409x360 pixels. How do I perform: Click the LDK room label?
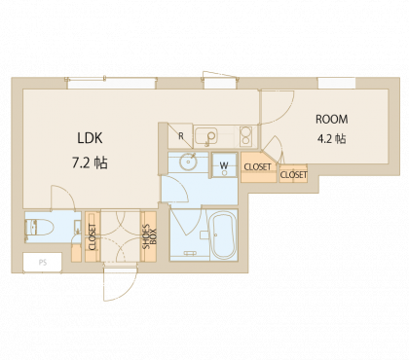[x=90, y=138]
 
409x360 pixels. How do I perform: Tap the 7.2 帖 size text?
[x=90, y=162]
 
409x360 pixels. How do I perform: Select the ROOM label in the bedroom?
[x=332, y=119]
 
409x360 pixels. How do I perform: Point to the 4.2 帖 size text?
[x=331, y=139]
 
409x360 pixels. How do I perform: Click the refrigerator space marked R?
[x=180, y=136]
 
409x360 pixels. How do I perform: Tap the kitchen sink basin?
[x=206, y=135]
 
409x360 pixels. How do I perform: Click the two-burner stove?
[x=245, y=136]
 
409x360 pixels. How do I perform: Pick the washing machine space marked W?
[x=224, y=165]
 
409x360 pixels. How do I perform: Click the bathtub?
[x=223, y=235]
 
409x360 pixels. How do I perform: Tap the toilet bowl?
[x=40, y=227]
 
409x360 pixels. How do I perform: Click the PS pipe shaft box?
[x=42, y=262]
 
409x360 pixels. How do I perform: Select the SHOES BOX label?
[x=150, y=236]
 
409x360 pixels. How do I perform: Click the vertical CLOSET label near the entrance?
[x=93, y=236]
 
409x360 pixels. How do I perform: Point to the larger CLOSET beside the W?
[x=258, y=167]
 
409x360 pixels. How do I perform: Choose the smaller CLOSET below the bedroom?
[x=293, y=174]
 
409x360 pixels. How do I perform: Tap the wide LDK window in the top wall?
[x=111, y=84]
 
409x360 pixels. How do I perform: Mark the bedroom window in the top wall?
[x=337, y=83]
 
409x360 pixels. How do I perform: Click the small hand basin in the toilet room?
[x=77, y=226]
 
